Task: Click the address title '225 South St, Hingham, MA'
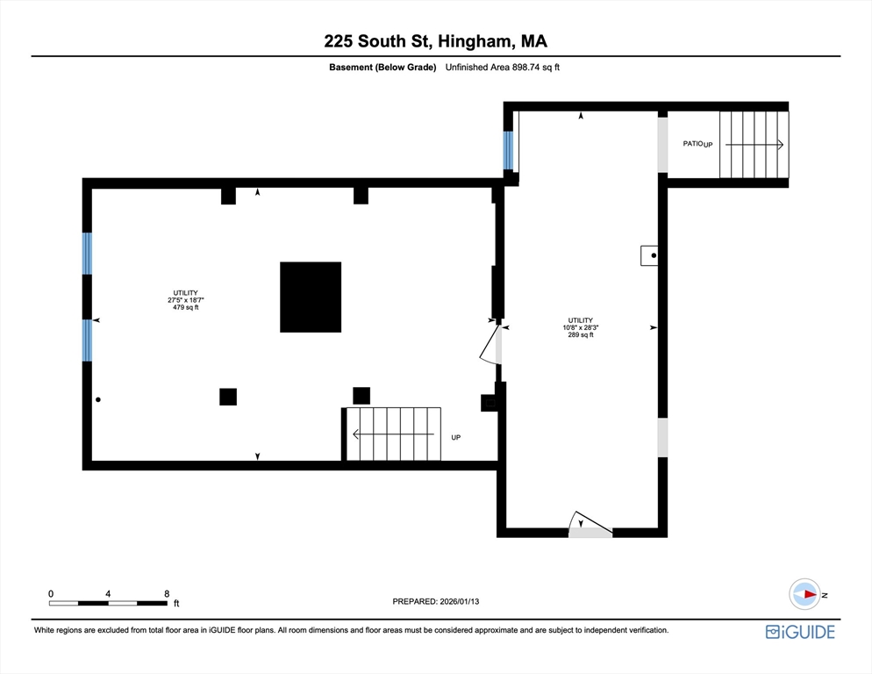pos(435,40)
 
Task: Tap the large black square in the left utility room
pos(311,297)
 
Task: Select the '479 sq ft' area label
pos(185,307)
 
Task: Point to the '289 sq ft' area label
pos(580,334)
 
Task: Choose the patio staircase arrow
pos(754,144)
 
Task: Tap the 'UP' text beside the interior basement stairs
pos(455,437)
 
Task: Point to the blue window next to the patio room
pos(508,150)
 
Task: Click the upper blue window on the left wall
pos(87,254)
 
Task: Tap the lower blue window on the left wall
pos(87,340)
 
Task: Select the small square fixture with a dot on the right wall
pos(650,255)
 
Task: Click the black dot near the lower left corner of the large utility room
pos(98,399)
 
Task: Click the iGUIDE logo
pos(799,632)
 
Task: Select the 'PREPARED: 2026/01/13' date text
pos(435,601)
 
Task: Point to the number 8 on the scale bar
pos(167,593)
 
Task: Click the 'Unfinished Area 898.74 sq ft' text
pos(502,68)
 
